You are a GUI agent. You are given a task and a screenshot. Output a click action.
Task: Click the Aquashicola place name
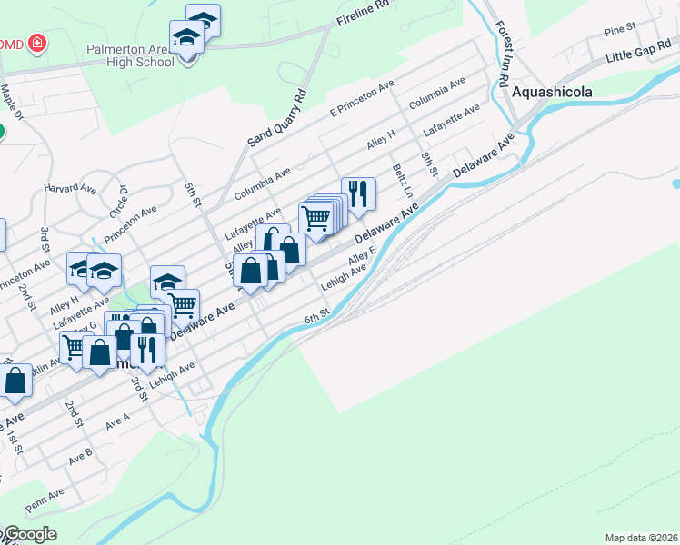[552, 92]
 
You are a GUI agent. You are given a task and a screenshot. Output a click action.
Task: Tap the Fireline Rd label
[362, 20]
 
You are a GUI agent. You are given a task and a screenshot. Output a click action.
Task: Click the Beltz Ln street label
[402, 181]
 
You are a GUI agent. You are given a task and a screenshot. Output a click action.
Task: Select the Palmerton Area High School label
[130, 55]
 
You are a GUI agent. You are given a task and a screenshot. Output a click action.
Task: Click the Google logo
[29, 534]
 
